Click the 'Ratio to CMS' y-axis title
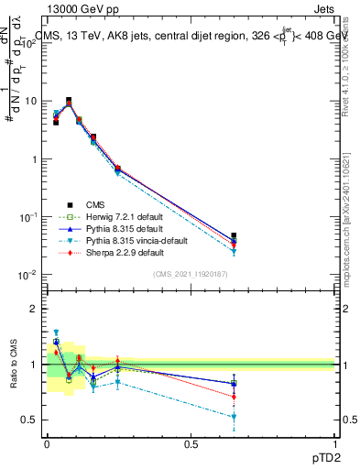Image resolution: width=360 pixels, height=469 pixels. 13,365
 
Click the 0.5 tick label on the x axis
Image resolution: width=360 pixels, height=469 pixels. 191,443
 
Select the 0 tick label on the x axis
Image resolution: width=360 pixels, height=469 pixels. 47,443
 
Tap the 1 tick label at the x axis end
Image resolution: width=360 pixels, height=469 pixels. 335,443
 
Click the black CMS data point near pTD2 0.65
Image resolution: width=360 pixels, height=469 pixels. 235,236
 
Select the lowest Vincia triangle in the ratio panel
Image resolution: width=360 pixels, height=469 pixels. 235,417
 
